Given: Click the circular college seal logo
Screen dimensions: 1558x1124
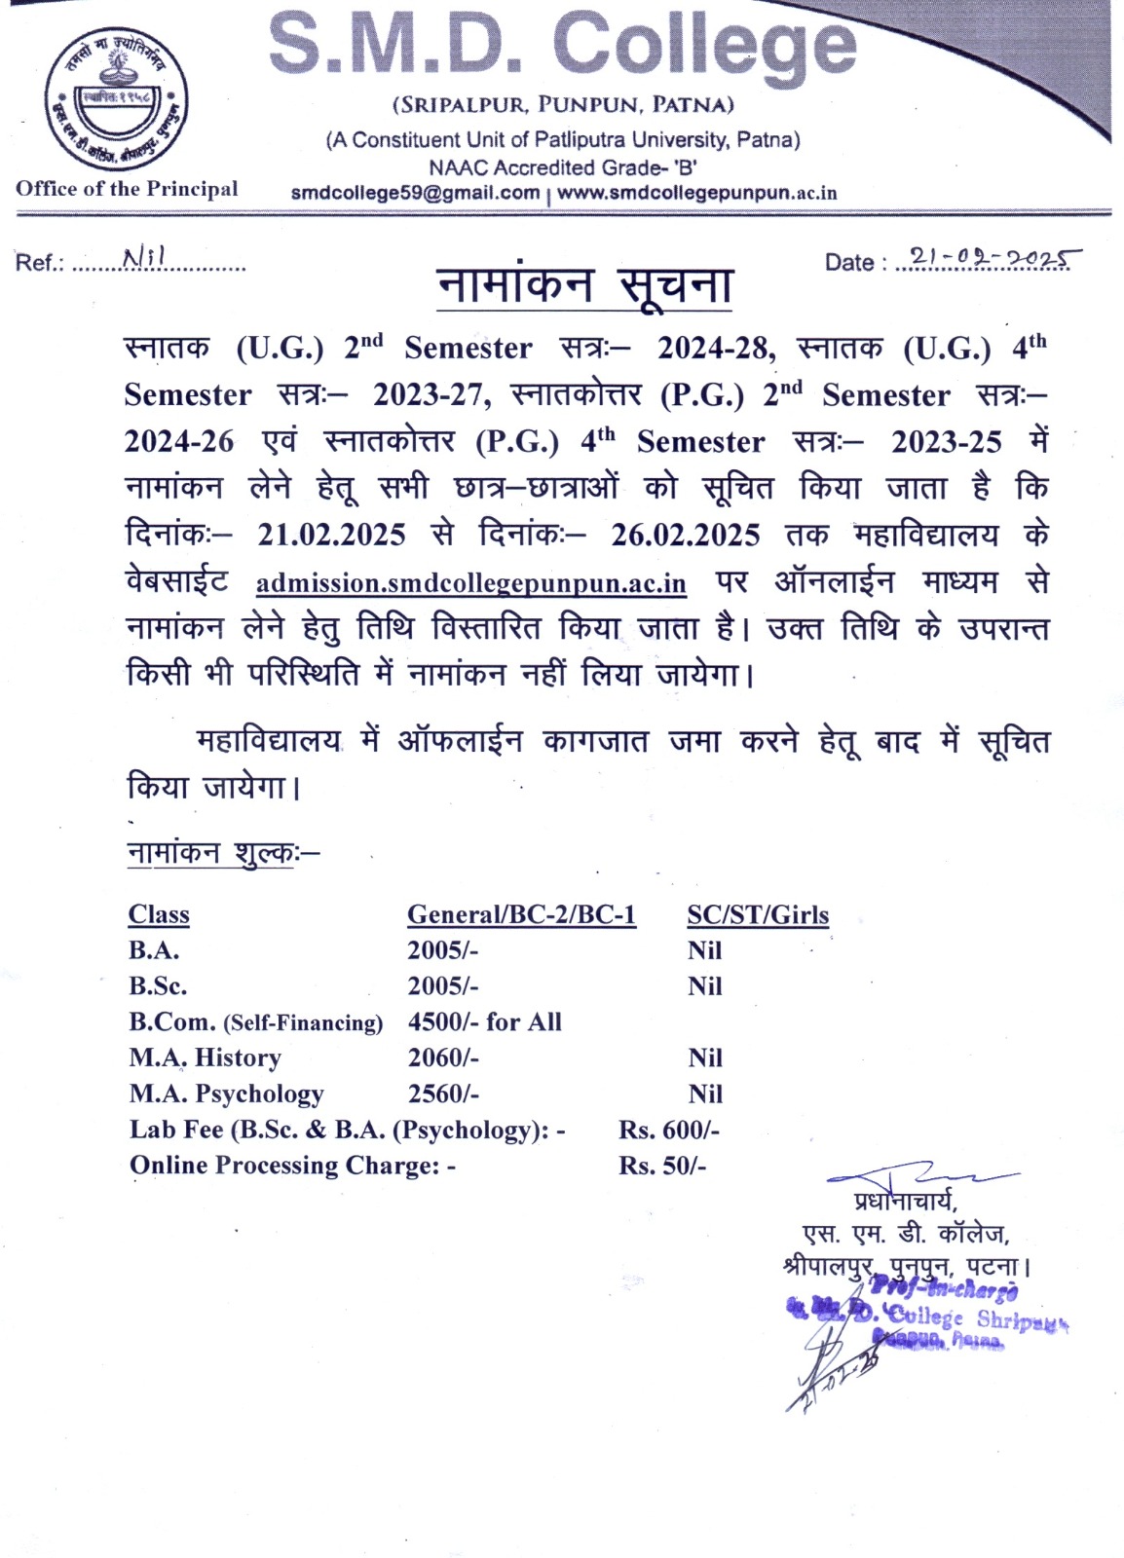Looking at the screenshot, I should point(117,99).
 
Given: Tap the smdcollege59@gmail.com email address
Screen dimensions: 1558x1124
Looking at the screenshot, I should point(415,193).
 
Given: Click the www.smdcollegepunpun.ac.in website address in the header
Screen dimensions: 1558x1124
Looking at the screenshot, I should point(696,193).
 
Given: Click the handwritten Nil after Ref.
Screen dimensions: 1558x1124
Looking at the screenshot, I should point(144,257).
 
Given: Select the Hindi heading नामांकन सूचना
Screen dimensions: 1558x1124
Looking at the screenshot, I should point(583,285).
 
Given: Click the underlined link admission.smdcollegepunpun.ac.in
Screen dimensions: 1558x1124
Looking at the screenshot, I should point(470,583).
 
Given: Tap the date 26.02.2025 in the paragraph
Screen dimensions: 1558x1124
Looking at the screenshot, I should point(685,535).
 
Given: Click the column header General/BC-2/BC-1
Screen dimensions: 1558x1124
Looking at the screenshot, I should point(521,914).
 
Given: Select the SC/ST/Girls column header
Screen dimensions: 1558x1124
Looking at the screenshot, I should point(758,914).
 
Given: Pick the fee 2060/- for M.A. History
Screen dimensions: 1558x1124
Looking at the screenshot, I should point(443,1057).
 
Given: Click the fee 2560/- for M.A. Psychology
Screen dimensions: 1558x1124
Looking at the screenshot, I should point(443,1094).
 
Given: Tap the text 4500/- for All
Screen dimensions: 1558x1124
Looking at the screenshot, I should point(484,1021).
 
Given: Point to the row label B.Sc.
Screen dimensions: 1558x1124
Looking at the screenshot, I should point(158,985).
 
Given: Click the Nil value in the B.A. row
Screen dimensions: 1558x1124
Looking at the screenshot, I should point(704,950).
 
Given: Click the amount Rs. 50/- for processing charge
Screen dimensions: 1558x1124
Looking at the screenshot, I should point(662,1166).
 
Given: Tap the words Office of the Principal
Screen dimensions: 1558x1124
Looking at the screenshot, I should point(127,189).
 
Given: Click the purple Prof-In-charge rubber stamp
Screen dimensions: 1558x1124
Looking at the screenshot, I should point(925,1315).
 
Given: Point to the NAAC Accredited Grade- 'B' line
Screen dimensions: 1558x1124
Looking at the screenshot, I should point(563,167).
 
